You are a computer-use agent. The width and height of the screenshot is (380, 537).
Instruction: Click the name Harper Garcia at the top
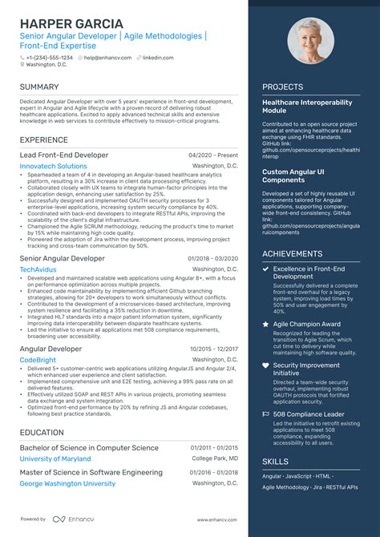click(x=71, y=23)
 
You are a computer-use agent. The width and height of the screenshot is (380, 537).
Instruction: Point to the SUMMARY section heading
click(x=39, y=87)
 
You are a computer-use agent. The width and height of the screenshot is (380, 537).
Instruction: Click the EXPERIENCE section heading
click(x=44, y=140)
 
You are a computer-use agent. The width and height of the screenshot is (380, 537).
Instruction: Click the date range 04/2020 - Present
click(x=213, y=155)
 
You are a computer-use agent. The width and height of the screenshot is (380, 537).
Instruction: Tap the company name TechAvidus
click(x=38, y=270)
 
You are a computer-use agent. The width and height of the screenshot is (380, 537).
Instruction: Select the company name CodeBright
click(x=38, y=361)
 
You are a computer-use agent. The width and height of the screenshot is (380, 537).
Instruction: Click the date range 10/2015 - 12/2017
click(x=214, y=349)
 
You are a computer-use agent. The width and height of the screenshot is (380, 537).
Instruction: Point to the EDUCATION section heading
click(x=42, y=433)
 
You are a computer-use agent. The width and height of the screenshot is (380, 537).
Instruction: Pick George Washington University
click(x=67, y=484)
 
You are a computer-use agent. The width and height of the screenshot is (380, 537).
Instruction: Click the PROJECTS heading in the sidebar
click(x=282, y=87)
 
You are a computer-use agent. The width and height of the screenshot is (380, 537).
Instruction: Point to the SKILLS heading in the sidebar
click(x=276, y=462)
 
